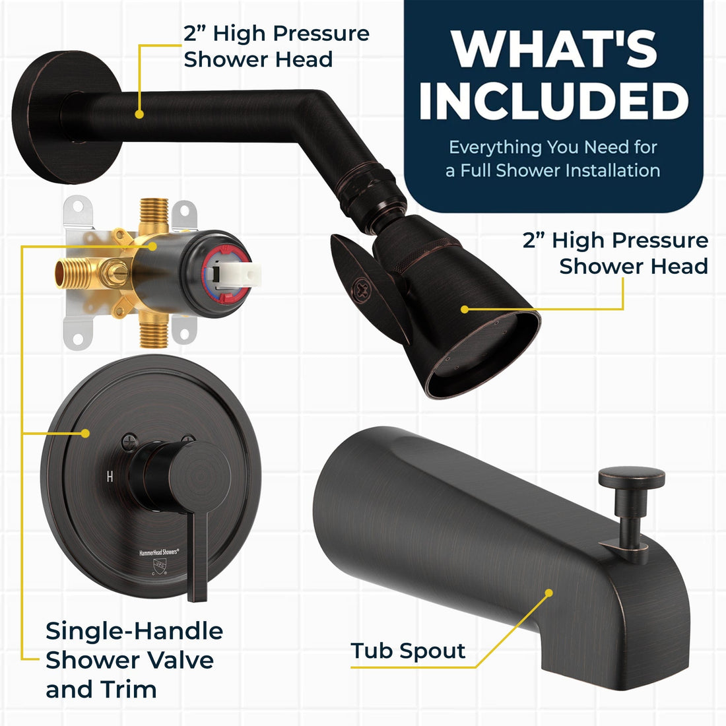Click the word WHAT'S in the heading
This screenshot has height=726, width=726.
554,49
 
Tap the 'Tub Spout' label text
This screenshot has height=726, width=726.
407,651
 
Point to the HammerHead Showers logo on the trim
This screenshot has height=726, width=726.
159,552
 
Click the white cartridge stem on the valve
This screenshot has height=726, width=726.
235,275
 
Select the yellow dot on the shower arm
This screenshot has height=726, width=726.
139,114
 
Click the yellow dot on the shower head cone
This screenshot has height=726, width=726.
465,309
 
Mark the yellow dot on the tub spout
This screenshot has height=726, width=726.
548,593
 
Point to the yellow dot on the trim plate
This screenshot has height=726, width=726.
84,434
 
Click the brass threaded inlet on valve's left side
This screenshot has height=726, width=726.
73,273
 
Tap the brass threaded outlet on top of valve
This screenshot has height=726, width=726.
154,216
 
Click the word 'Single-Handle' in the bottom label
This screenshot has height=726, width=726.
134,631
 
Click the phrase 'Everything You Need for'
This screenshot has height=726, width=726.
553,147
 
